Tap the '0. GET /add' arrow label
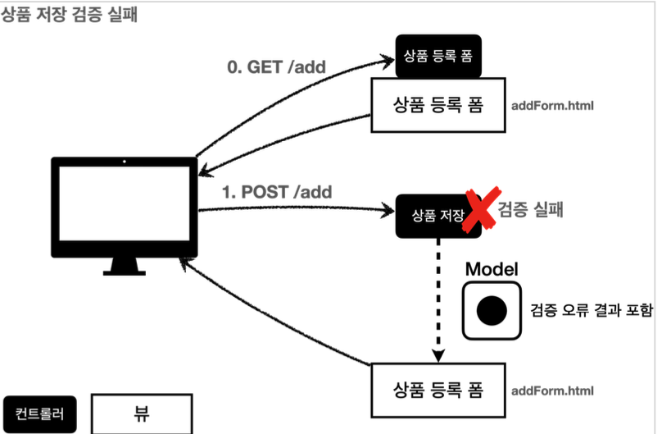tap(276, 66)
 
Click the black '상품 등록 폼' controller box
tap(438, 56)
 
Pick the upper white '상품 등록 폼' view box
tap(438, 105)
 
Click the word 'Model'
tap(492, 269)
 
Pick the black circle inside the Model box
tap(492, 309)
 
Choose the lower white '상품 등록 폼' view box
tap(438, 388)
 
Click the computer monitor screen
tap(125, 203)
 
